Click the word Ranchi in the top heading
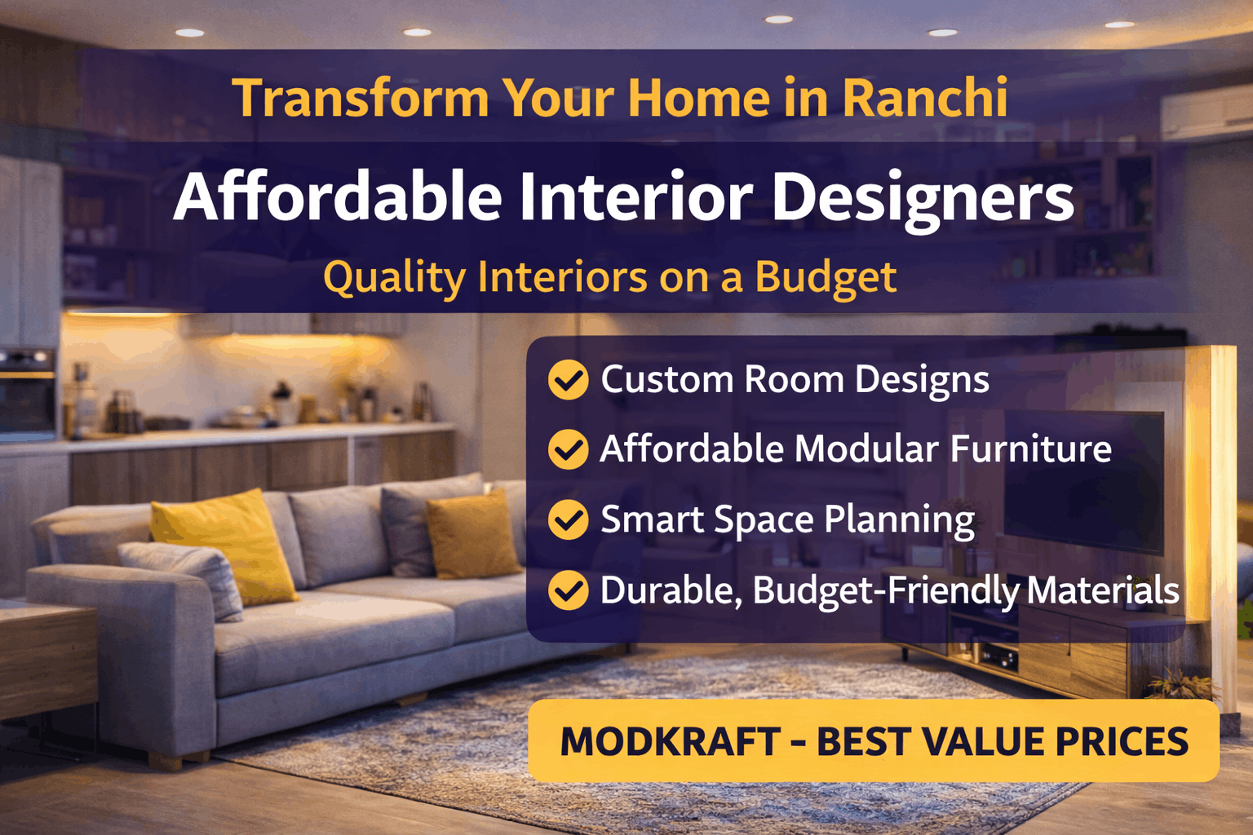coord(924,97)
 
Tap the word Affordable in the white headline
coord(338,197)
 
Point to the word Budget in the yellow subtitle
coord(826,278)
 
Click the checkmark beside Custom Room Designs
coord(568,380)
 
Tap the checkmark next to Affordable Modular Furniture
coord(568,449)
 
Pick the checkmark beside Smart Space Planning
coord(568,519)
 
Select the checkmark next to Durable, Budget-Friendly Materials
coord(568,590)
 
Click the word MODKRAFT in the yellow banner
coord(670,741)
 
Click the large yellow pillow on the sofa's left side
coord(225,546)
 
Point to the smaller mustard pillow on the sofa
coord(472,535)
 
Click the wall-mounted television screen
coord(1084,482)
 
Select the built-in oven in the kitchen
coord(27,391)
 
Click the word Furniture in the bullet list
coord(1031,449)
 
